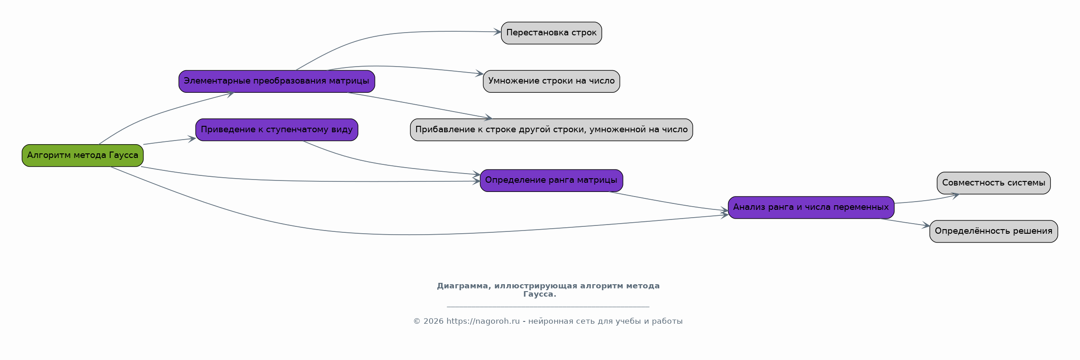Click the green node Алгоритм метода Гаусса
(83, 155)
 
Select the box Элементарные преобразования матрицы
(277, 81)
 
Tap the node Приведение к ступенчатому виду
(277, 129)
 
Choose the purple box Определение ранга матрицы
(551, 180)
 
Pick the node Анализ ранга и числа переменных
(811, 207)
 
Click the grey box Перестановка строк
(551, 33)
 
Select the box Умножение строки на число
(551, 81)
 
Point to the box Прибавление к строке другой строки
(551, 129)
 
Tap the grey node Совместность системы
(993, 183)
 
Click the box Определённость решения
(993, 231)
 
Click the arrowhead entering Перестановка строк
(498, 32)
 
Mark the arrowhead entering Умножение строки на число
(480, 73)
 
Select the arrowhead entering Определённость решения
(926, 226)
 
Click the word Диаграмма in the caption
(463, 286)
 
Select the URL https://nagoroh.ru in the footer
(483, 321)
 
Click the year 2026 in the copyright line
(433, 321)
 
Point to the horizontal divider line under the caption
(548, 307)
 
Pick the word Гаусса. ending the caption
(539, 294)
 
